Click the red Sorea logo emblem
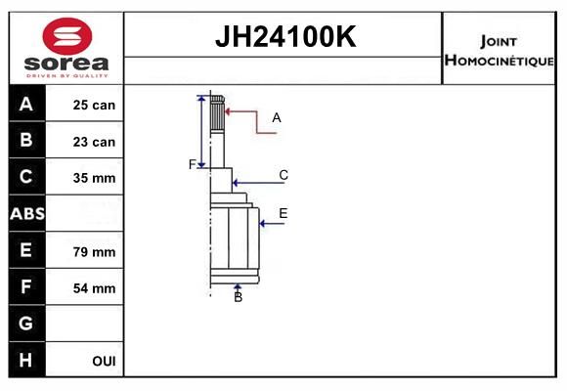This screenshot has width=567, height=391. (67, 36)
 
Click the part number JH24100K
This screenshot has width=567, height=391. (285, 36)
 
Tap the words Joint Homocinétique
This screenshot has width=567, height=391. (499, 52)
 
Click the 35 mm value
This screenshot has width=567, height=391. (94, 178)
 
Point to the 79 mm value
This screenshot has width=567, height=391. (94, 252)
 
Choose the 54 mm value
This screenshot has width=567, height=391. (94, 288)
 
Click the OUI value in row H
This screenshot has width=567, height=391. (104, 361)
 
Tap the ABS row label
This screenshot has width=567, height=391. (27, 213)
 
